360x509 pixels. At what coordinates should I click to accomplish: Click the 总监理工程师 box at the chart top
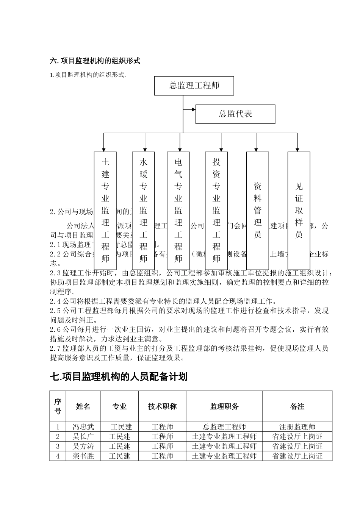click(194, 86)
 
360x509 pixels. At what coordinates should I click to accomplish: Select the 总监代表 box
click(235, 114)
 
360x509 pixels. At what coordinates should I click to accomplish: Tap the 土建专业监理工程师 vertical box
click(105, 210)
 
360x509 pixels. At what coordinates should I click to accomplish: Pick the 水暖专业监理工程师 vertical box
click(143, 210)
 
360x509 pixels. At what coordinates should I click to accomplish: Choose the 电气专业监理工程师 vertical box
click(178, 210)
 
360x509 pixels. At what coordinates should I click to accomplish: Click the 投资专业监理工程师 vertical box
click(216, 210)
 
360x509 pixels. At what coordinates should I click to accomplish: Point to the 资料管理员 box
click(258, 210)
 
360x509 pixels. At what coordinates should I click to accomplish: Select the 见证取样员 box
click(299, 210)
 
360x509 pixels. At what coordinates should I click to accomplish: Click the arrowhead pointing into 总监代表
click(194, 109)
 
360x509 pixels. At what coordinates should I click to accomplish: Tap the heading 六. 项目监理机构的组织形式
click(95, 61)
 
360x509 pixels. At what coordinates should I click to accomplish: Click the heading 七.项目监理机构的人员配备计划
click(119, 377)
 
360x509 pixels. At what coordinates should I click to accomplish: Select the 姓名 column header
click(83, 406)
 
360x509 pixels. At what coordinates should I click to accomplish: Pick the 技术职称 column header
click(162, 406)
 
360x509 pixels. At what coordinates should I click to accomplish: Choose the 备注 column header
click(297, 406)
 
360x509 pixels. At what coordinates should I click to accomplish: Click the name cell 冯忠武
click(83, 427)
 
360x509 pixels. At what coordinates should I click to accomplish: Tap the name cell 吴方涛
click(83, 447)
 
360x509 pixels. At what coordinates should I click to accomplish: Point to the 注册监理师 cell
click(297, 427)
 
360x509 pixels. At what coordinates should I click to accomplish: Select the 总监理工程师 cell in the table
click(224, 427)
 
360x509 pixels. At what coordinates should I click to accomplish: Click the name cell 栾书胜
click(83, 456)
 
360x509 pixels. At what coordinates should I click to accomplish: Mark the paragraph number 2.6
click(56, 330)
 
